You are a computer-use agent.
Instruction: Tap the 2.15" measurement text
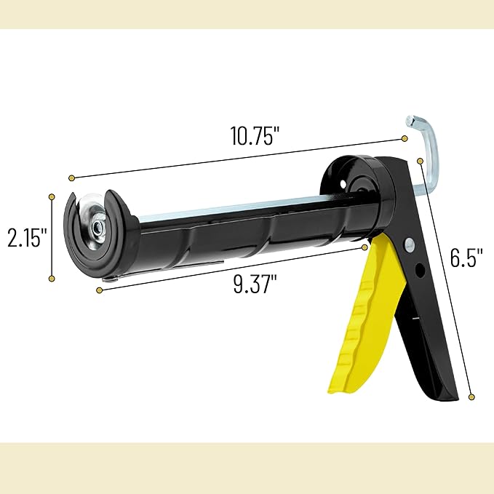[25, 237]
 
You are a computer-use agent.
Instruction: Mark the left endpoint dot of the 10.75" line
[71, 178]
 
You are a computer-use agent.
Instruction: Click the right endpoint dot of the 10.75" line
[405, 138]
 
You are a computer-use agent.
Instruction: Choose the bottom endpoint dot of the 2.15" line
[51, 278]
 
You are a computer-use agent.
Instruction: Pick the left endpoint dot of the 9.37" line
[99, 290]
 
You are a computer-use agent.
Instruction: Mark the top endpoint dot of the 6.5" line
[421, 160]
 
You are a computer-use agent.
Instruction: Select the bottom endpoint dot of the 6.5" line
[471, 397]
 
